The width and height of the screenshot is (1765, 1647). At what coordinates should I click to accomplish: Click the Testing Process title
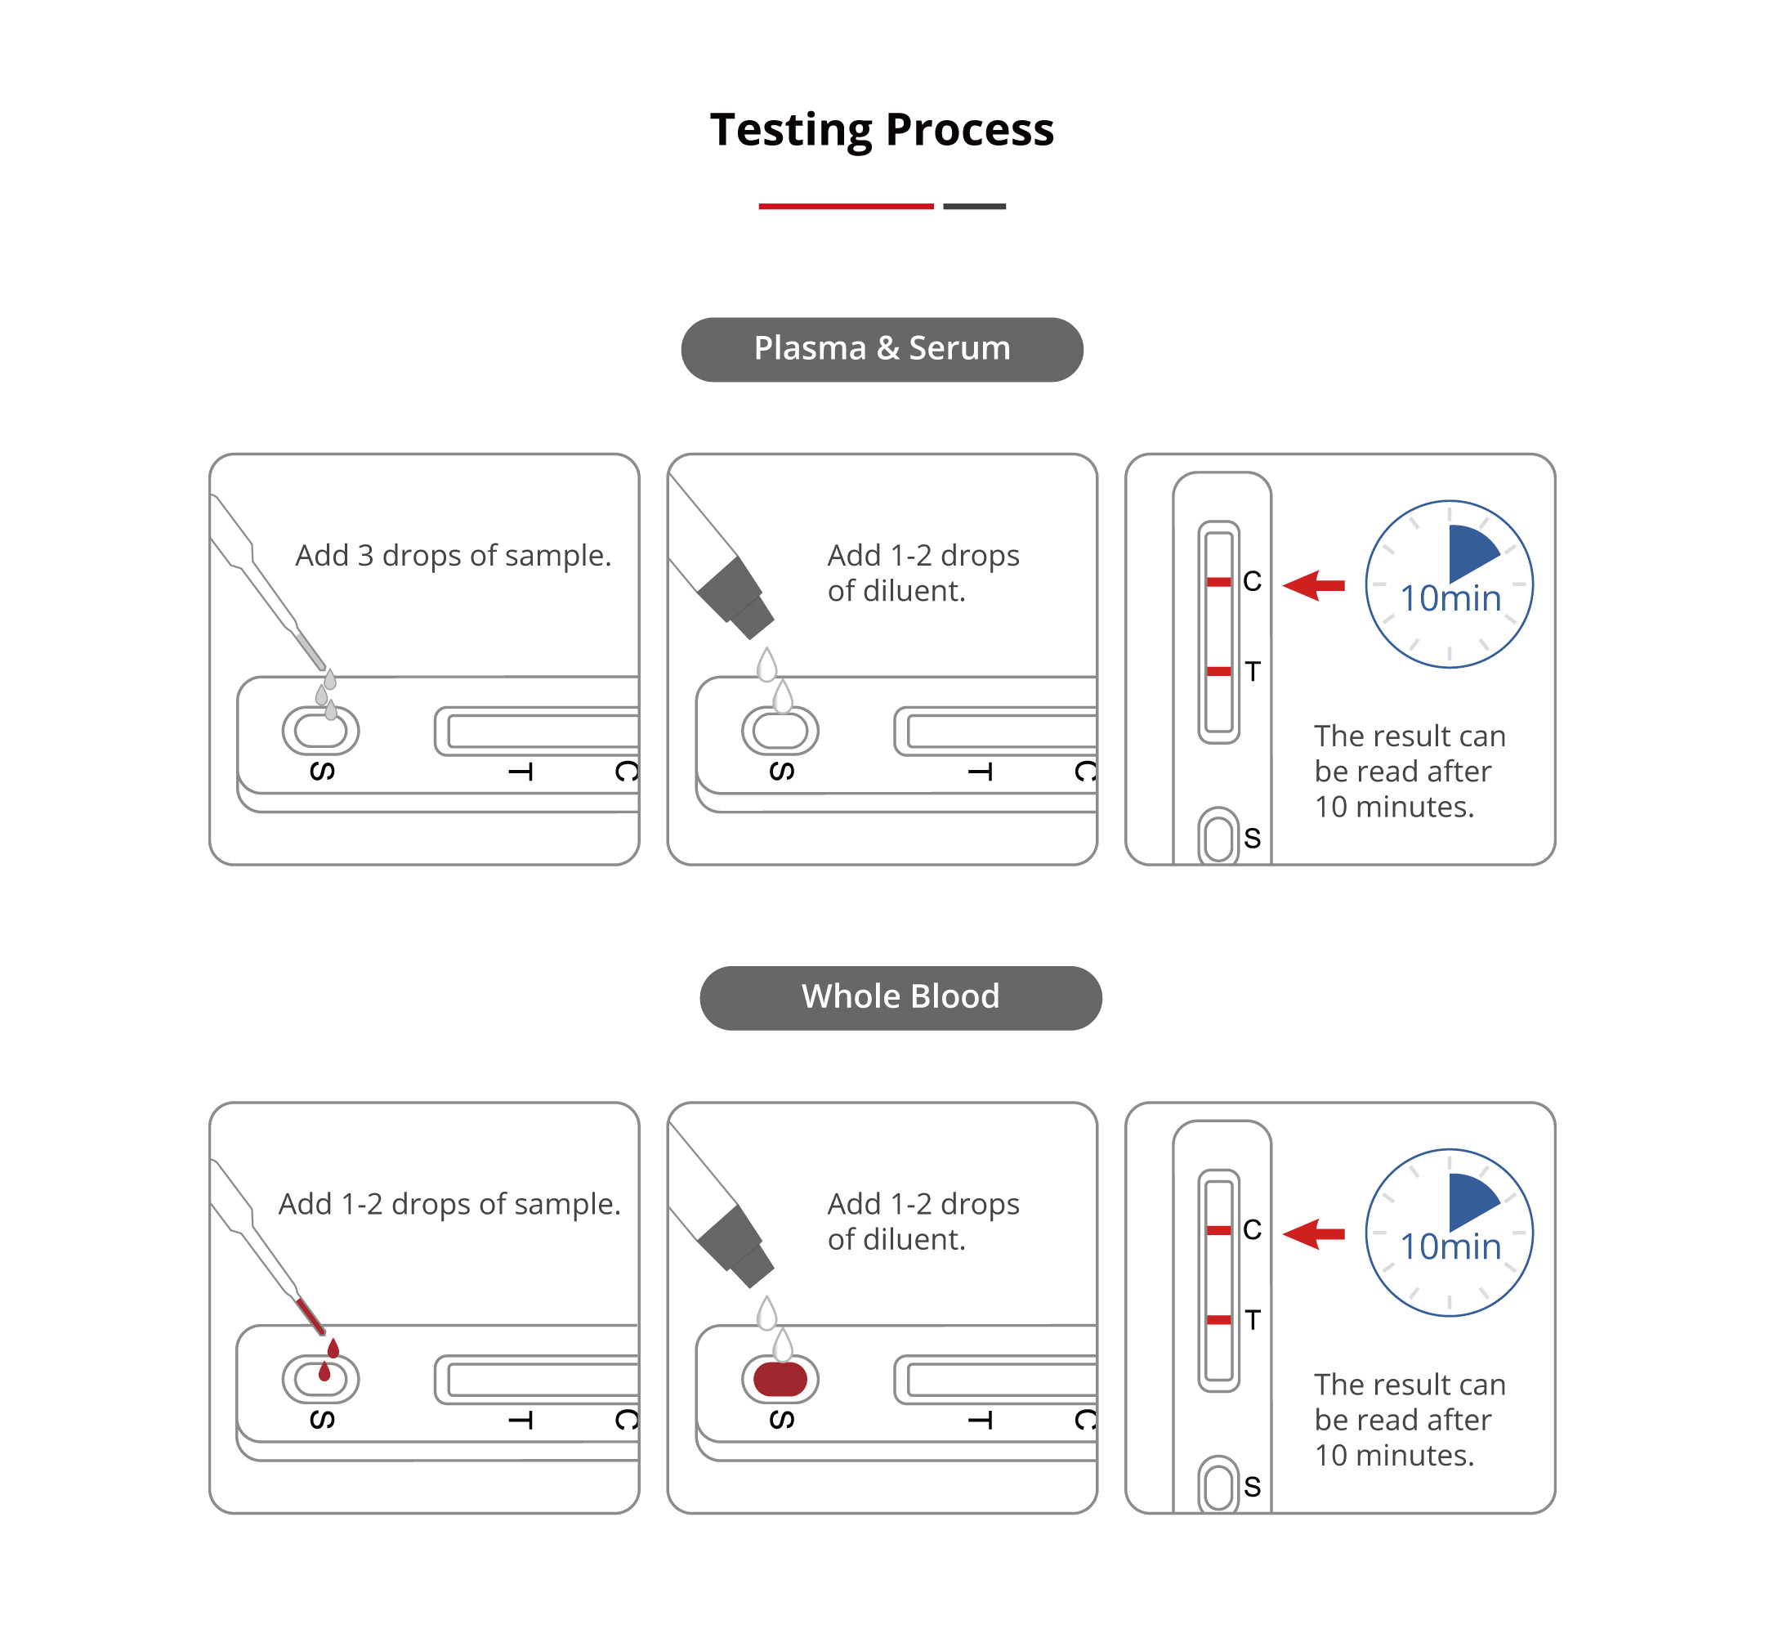(x=882, y=130)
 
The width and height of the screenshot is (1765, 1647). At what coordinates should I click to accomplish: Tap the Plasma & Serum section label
(x=882, y=349)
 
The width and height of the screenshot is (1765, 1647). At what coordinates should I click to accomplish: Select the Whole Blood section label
(x=900, y=997)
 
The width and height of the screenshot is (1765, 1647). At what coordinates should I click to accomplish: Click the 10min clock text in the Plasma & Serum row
(x=1450, y=598)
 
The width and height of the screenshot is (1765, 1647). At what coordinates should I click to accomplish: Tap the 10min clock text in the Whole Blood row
(x=1450, y=1246)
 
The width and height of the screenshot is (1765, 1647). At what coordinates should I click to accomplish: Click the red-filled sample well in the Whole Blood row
(x=780, y=1379)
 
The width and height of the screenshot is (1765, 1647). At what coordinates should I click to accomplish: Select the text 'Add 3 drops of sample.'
(x=453, y=556)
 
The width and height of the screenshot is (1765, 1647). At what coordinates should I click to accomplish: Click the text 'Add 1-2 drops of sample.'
(x=449, y=1204)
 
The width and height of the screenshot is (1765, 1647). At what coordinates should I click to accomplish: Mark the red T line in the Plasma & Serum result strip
(x=1219, y=672)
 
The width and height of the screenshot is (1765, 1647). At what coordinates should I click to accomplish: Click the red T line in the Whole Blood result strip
(x=1219, y=1320)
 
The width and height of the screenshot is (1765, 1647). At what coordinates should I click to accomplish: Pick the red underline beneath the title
(x=845, y=206)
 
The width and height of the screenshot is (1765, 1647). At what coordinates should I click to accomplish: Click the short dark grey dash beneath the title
(x=974, y=206)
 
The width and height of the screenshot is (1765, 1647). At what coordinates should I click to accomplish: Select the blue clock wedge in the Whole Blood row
(x=1468, y=1198)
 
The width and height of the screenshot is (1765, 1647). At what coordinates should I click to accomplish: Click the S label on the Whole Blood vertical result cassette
(x=1252, y=1486)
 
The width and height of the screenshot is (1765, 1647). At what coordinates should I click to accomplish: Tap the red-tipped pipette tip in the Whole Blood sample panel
(x=310, y=1315)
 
